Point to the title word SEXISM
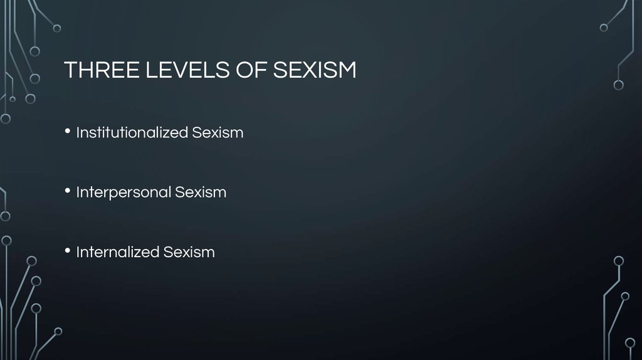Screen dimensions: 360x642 pyautogui.click(x=315, y=70)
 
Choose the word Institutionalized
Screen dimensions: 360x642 pyautogui.click(x=132, y=133)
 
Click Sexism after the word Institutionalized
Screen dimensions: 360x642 pyautogui.click(x=218, y=133)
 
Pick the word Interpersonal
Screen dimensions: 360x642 pyautogui.click(x=124, y=193)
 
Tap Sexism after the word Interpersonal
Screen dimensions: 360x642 pyautogui.click(x=201, y=193)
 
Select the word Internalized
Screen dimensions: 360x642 pyautogui.click(x=118, y=252)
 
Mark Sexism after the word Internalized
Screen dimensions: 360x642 pyautogui.click(x=189, y=252)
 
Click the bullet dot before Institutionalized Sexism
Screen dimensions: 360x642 pyautogui.click(x=68, y=132)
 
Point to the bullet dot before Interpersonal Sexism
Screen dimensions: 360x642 pyautogui.click(x=68, y=192)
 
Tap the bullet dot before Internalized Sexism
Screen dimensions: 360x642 pyautogui.click(x=68, y=251)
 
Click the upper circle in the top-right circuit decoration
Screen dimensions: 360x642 pyautogui.click(x=604, y=28)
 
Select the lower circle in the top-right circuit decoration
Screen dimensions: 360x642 pyautogui.click(x=619, y=85)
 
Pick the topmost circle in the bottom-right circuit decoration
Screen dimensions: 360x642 pyautogui.click(x=619, y=261)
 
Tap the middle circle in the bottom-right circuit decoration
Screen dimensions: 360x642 pyautogui.click(x=625, y=296)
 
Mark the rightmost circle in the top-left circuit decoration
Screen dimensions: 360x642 pyautogui.click(x=57, y=28)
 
